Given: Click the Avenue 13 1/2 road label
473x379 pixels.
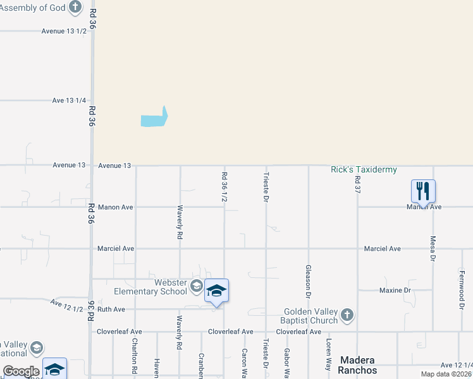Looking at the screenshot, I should pyautogui.click(x=63, y=31).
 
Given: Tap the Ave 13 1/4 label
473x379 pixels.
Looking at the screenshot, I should pyautogui.click(x=69, y=100).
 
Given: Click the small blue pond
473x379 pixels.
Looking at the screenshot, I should pyautogui.click(x=154, y=118).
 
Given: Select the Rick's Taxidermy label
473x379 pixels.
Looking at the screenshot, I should pyautogui.click(x=364, y=170).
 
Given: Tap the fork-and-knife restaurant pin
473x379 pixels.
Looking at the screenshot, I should pyautogui.click(x=423, y=190).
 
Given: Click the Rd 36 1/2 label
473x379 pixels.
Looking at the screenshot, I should pyautogui.click(x=224, y=188).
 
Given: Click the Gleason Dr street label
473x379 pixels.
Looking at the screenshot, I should pyautogui.click(x=309, y=281).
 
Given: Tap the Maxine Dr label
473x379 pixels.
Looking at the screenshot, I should pyautogui.click(x=395, y=291).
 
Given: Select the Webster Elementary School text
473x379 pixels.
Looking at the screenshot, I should pyautogui.click(x=150, y=287).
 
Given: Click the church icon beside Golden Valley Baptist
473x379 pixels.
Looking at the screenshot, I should pyautogui.click(x=346, y=315).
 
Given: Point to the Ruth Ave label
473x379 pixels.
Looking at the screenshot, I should pyautogui.click(x=111, y=310).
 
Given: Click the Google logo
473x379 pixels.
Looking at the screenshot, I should pyautogui.click(x=21, y=371).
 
